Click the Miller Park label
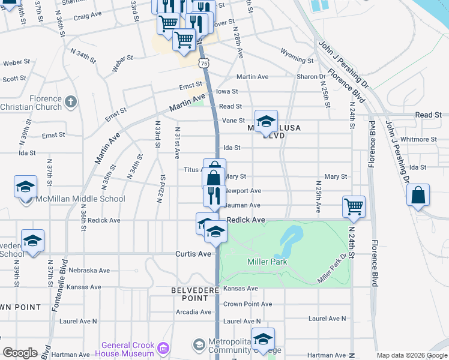[x=267, y=262]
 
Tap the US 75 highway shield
[x=205, y=62]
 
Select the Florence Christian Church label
[x=31, y=103]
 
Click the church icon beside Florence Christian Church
[x=71, y=101]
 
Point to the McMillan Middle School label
[x=80, y=199]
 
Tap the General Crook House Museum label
[x=127, y=349]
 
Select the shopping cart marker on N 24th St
[x=354, y=206]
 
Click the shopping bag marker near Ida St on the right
[x=418, y=195]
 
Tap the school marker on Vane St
[x=265, y=122]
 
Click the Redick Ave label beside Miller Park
[x=246, y=220]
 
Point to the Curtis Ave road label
[x=193, y=254]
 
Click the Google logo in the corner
[x=20, y=353]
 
